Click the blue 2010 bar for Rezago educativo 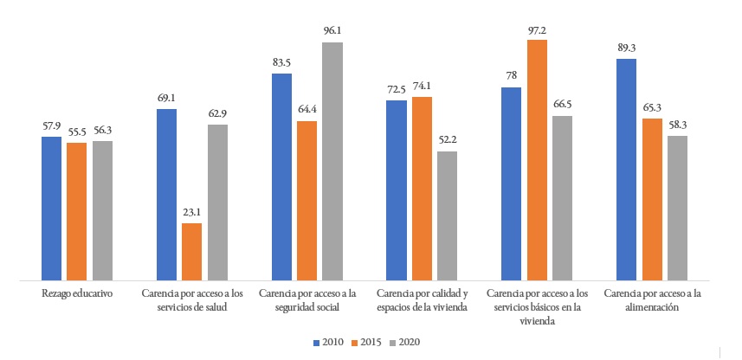click(52, 209)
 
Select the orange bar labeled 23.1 click(191, 252)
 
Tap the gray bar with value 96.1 click(332, 161)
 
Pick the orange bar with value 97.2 click(537, 160)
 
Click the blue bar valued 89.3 click(626, 170)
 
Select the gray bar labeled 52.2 click(447, 215)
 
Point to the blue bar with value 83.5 click(281, 177)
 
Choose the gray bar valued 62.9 click(217, 202)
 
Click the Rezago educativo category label click(77, 295)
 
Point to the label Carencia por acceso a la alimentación click(651, 301)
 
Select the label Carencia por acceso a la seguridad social click(306, 301)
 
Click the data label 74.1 click(422, 87)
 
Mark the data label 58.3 click(677, 126)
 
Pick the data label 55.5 click(77, 133)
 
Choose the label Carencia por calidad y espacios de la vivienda click(422, 301)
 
